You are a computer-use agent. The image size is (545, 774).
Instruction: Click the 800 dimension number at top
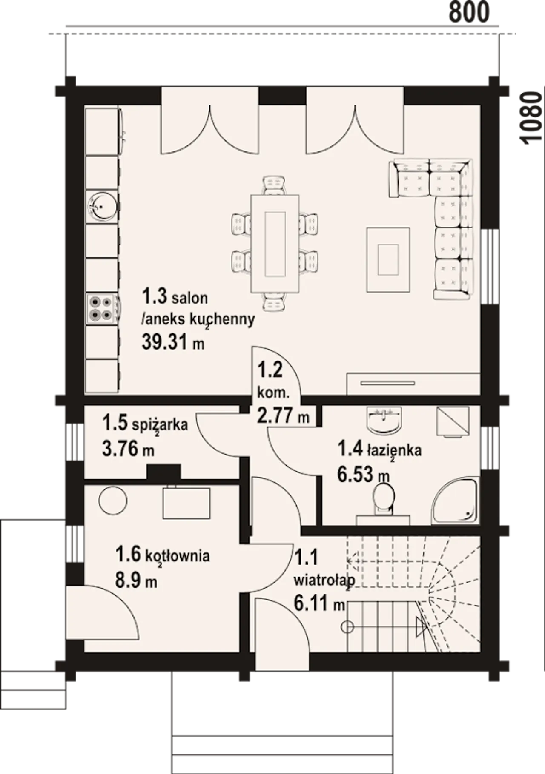tap(469, 12)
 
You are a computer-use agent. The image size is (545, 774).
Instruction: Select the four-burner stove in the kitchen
tap(101, 309)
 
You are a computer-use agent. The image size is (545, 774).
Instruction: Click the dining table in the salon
tap(275, 244)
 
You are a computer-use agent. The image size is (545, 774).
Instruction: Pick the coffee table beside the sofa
tap(388, 259)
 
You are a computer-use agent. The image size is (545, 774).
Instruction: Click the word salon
tap(189, 298)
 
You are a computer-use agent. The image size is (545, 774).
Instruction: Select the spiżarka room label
tap(160, 424)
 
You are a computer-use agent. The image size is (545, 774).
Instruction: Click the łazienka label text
tap(394, 450)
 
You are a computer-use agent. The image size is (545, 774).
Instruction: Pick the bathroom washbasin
tap(384, 421)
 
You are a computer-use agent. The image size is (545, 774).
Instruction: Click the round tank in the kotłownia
tap(113, 501)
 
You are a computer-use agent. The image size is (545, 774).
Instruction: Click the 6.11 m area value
tap(319, 603)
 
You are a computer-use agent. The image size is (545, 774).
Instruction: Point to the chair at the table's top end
tap(273, 185)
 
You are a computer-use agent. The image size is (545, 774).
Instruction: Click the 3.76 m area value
tap(128, 448)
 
